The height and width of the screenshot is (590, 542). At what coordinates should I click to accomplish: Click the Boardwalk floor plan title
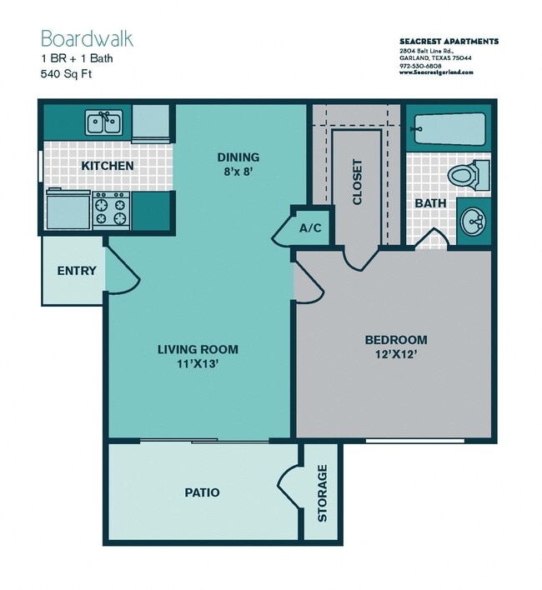coord(87,39)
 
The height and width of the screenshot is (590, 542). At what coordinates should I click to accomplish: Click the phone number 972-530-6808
coord(421,65)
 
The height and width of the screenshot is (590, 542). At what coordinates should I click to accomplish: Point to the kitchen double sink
coord(106,124)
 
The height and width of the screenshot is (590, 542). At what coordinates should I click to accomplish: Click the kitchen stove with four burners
coord(110,209)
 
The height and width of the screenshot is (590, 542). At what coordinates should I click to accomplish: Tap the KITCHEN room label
coord(107,166)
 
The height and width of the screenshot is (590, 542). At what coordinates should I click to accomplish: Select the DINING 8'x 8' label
coord(238,163)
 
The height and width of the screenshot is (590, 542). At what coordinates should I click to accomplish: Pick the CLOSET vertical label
coord(358,182)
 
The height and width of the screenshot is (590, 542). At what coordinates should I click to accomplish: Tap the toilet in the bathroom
coord(467,176)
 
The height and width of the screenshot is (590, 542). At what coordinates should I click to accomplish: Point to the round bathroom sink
coord(474,222)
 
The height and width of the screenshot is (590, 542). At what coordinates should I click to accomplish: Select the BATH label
coord(430,202)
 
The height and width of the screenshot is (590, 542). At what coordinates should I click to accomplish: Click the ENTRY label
coord(77,271)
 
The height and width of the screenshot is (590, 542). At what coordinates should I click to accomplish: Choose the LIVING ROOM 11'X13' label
coord(198,356)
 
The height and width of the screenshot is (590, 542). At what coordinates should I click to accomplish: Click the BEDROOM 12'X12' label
coord(395,347)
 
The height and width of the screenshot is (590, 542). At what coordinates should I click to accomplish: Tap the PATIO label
coord(202,492)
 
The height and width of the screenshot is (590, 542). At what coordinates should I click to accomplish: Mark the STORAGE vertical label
coord(322,492)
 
